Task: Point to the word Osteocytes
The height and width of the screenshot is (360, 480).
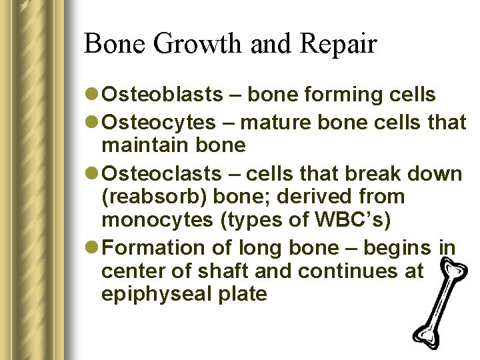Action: point(159,122)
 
